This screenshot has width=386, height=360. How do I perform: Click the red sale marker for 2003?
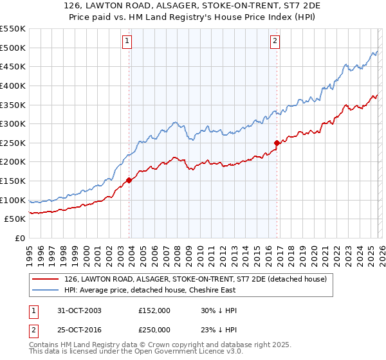129,180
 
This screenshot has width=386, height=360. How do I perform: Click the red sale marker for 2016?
277,143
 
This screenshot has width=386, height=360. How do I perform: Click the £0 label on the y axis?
19,239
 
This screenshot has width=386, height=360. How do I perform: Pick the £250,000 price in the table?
154,329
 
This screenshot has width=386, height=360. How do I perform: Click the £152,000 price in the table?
154,310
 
